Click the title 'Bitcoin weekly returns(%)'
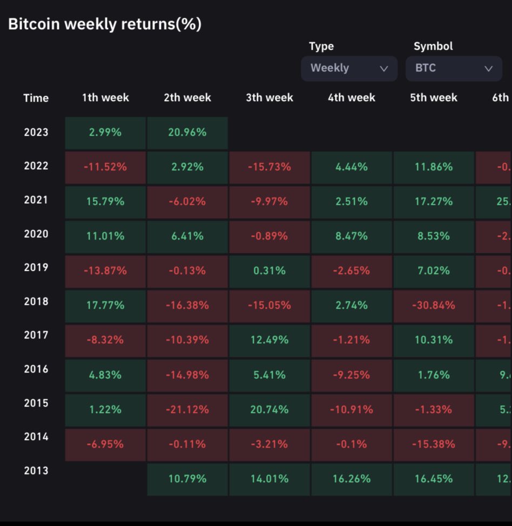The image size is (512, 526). click(x=105, y=24)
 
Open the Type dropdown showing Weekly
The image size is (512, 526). click(x=349, y=69)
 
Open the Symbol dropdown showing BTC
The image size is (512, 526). click(x=454, y=69)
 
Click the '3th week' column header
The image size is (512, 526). click(x=270, y=98)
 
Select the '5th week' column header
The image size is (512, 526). click(x=434, y=98)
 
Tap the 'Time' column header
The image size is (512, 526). click(x=36, y=98)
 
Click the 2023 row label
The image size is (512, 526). click(x=36, y=132)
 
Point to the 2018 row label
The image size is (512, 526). click(x=36, y=302)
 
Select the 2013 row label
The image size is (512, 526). click(x=36, y=471)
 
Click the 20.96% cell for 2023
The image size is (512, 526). click(x=187, y=132)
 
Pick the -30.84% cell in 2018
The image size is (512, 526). click(x=434, y=305)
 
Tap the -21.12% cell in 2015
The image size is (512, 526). click(x=187, y=410)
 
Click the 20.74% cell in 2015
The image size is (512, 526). click(x=270, y=410)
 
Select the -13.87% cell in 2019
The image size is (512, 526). click(x=105, y=271)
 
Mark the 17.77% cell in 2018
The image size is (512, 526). click(x=105, y=305)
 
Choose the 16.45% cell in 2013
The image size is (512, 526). click(x=434, y=479)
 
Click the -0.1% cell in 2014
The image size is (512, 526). click(x=352, y=444)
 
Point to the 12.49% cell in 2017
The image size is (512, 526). click(x=270, y=340)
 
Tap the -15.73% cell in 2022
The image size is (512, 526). click(x=270, y=167)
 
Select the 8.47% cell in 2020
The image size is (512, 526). click(x=352, y=236)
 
